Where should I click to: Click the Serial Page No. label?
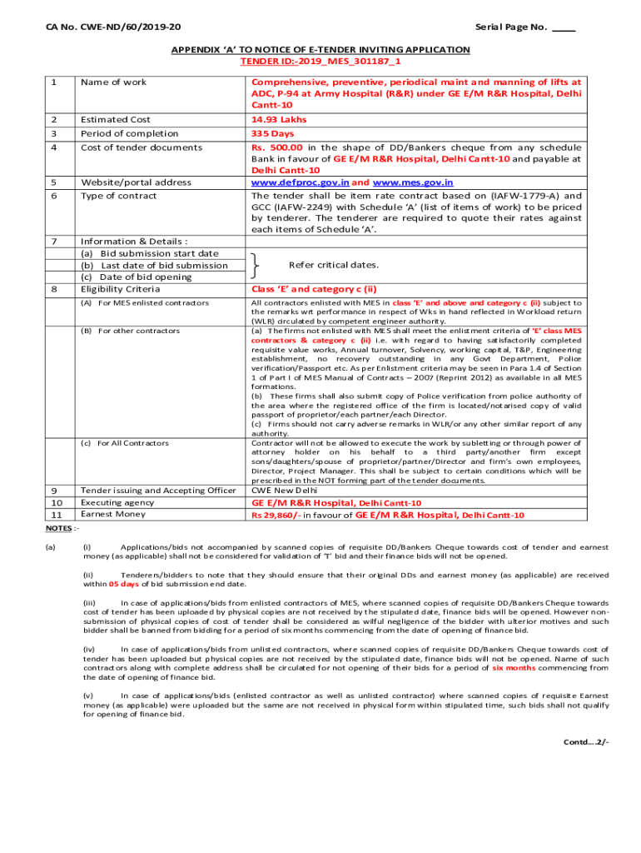coord(511,27)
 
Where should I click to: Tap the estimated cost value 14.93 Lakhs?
coord(279,120)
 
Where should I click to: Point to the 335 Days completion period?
coord(273,133)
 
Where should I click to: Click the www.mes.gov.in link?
coord(413,182)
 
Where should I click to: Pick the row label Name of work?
coord(113,82)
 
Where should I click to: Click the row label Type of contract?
coord(118,196)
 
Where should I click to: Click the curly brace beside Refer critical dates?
coord(253,265)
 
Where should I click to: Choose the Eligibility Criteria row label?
coord(120,289)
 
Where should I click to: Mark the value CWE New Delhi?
coord(285,491)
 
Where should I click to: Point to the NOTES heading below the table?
coord(60,528)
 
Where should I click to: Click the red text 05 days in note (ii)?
coord(124,584)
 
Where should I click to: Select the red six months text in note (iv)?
coord(509,667)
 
